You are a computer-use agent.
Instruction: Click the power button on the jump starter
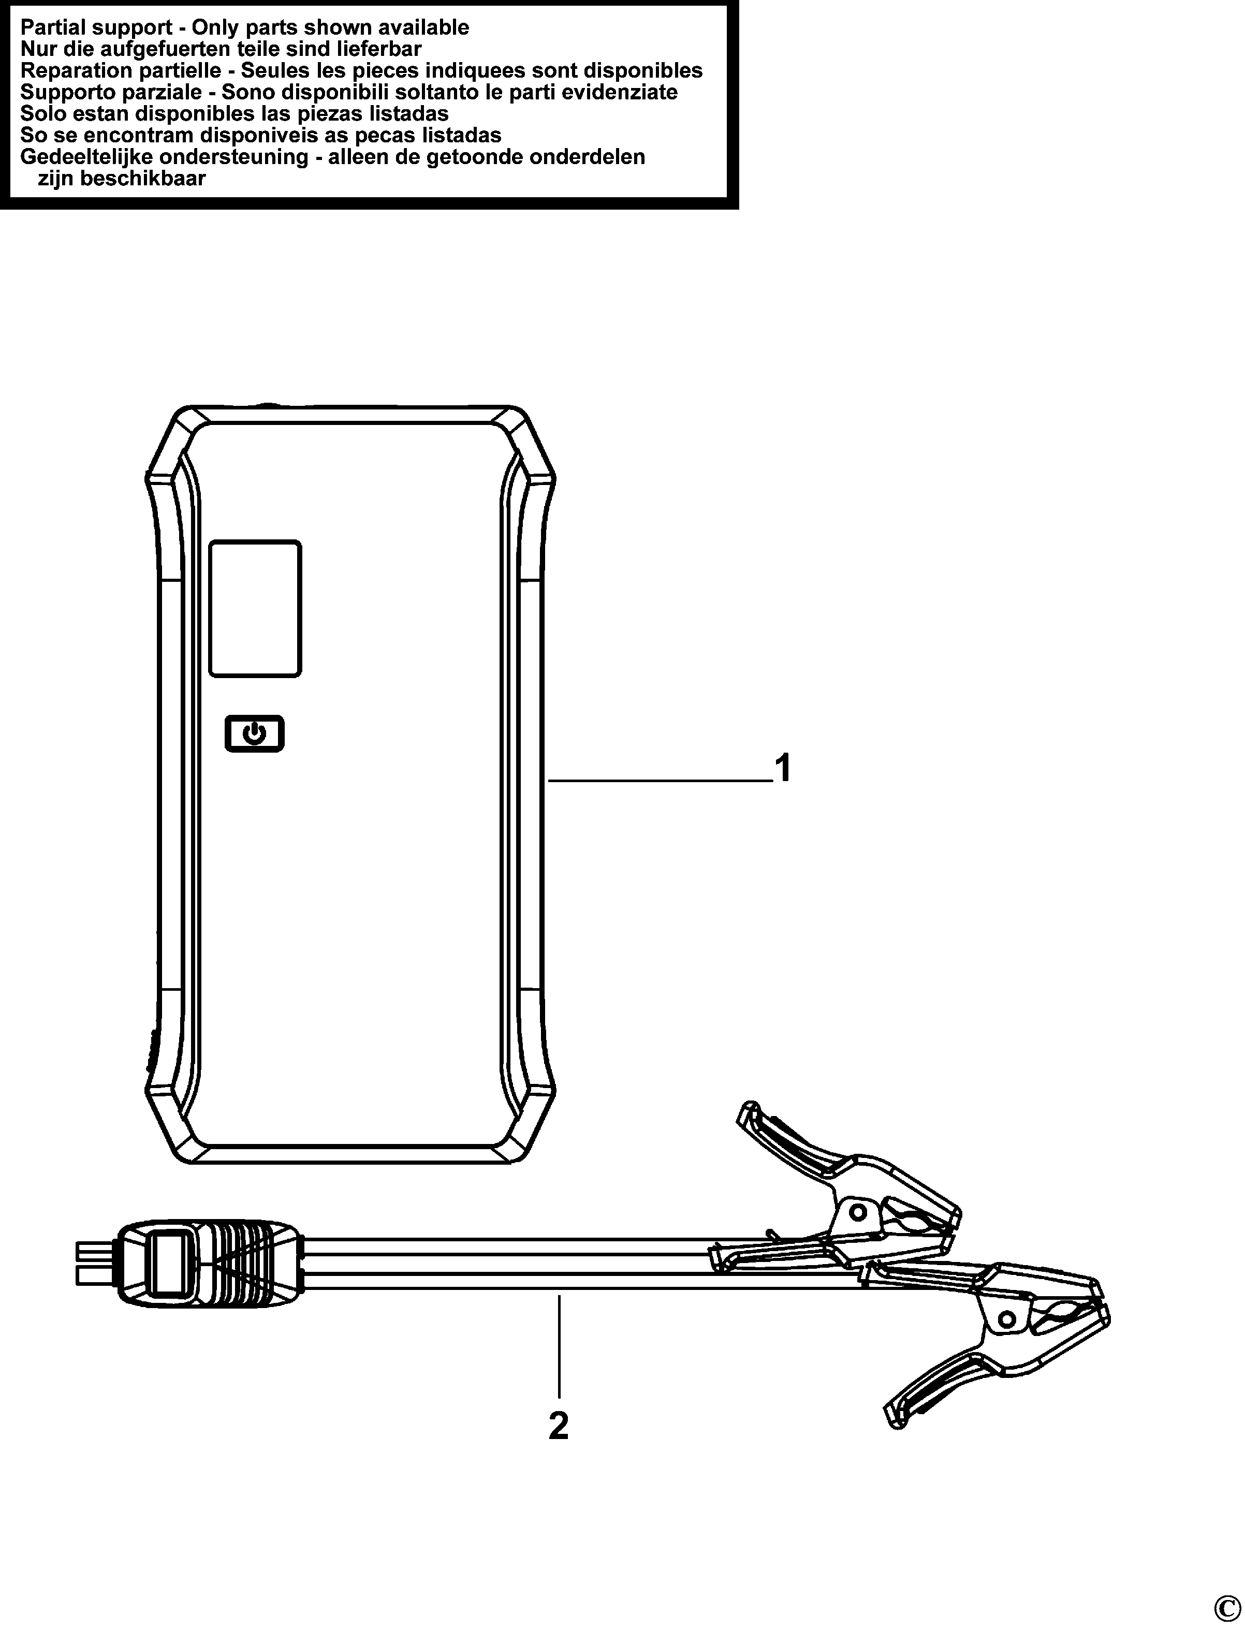(254, 733)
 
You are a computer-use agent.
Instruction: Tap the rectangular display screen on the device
(255, 608)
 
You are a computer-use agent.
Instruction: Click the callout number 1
(783, 769)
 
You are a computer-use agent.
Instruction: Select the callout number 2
(559, 1425)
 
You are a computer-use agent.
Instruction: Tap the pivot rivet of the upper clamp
(857, 1213)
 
